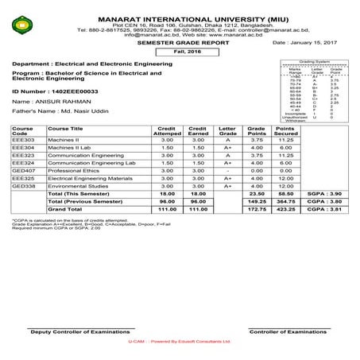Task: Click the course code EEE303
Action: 22,162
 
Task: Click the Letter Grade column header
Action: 227,153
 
